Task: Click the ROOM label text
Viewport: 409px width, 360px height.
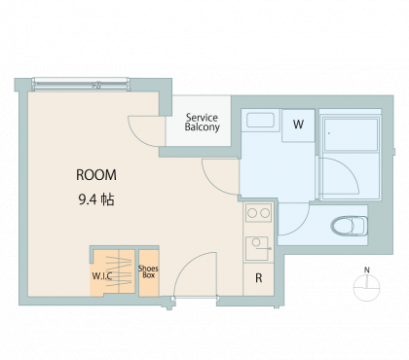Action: [96, 175]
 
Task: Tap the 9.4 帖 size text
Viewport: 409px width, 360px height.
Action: [96, 199]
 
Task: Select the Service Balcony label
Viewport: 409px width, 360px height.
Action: [202, 122]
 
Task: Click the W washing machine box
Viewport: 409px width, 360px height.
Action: [298, 126]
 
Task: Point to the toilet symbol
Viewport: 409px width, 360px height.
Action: [349, 226]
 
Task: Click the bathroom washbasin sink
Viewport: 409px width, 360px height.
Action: [260, 120]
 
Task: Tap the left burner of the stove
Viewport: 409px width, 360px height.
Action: [252, 213]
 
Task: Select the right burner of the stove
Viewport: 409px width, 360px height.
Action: [265, 213]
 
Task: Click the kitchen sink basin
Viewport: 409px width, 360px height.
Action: [257, 248]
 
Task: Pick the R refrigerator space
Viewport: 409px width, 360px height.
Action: [258, 278]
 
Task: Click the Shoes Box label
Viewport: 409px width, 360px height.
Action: [148, 271]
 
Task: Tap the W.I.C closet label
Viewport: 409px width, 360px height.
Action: [102, 276]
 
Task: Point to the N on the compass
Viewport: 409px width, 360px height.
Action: [367, 270]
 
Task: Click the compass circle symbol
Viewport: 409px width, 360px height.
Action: [367, 287]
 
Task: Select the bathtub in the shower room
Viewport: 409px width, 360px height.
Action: [351, 134]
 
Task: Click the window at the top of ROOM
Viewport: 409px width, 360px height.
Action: [81, 85]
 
